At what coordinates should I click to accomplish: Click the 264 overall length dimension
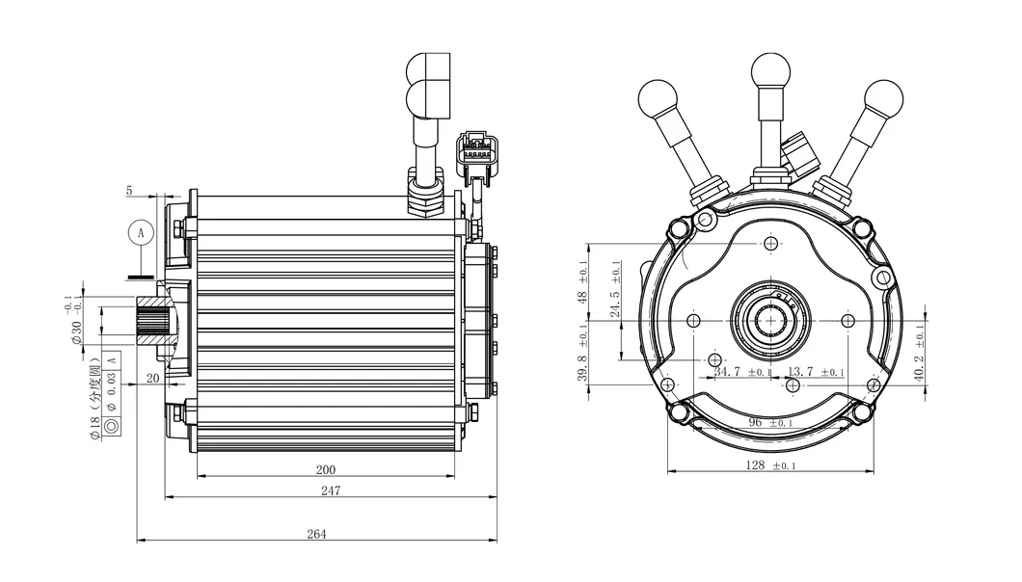[316, 534]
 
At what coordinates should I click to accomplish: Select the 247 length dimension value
[331, 489]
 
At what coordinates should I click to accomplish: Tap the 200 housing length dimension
[326, 469]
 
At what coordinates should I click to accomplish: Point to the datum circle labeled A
[141, 233]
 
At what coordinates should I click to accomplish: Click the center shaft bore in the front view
[770, 321]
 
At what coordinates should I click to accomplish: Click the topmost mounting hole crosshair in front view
[770, 245]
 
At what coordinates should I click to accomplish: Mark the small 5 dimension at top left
[129, 191]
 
